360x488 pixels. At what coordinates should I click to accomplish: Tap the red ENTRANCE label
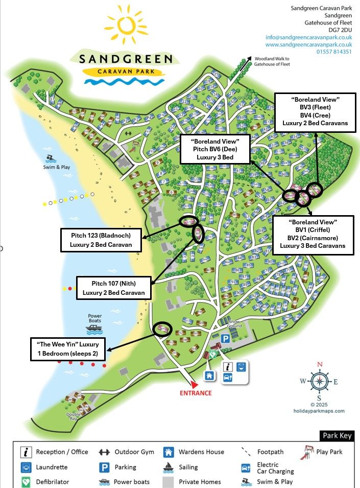click(195, 393)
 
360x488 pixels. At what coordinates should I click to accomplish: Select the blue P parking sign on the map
click(225, 339)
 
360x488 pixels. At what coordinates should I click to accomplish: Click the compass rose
click(320, 381)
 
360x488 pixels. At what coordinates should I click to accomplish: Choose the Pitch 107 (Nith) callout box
click(114, 288)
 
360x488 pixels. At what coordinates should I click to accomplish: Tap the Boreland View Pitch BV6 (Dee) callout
click(214, 149)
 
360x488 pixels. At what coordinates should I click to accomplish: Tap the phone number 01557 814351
click(333, 52)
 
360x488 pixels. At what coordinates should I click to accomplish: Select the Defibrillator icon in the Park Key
click(26, 481)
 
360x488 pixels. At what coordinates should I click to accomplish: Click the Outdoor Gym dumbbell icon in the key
click(104, 452)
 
